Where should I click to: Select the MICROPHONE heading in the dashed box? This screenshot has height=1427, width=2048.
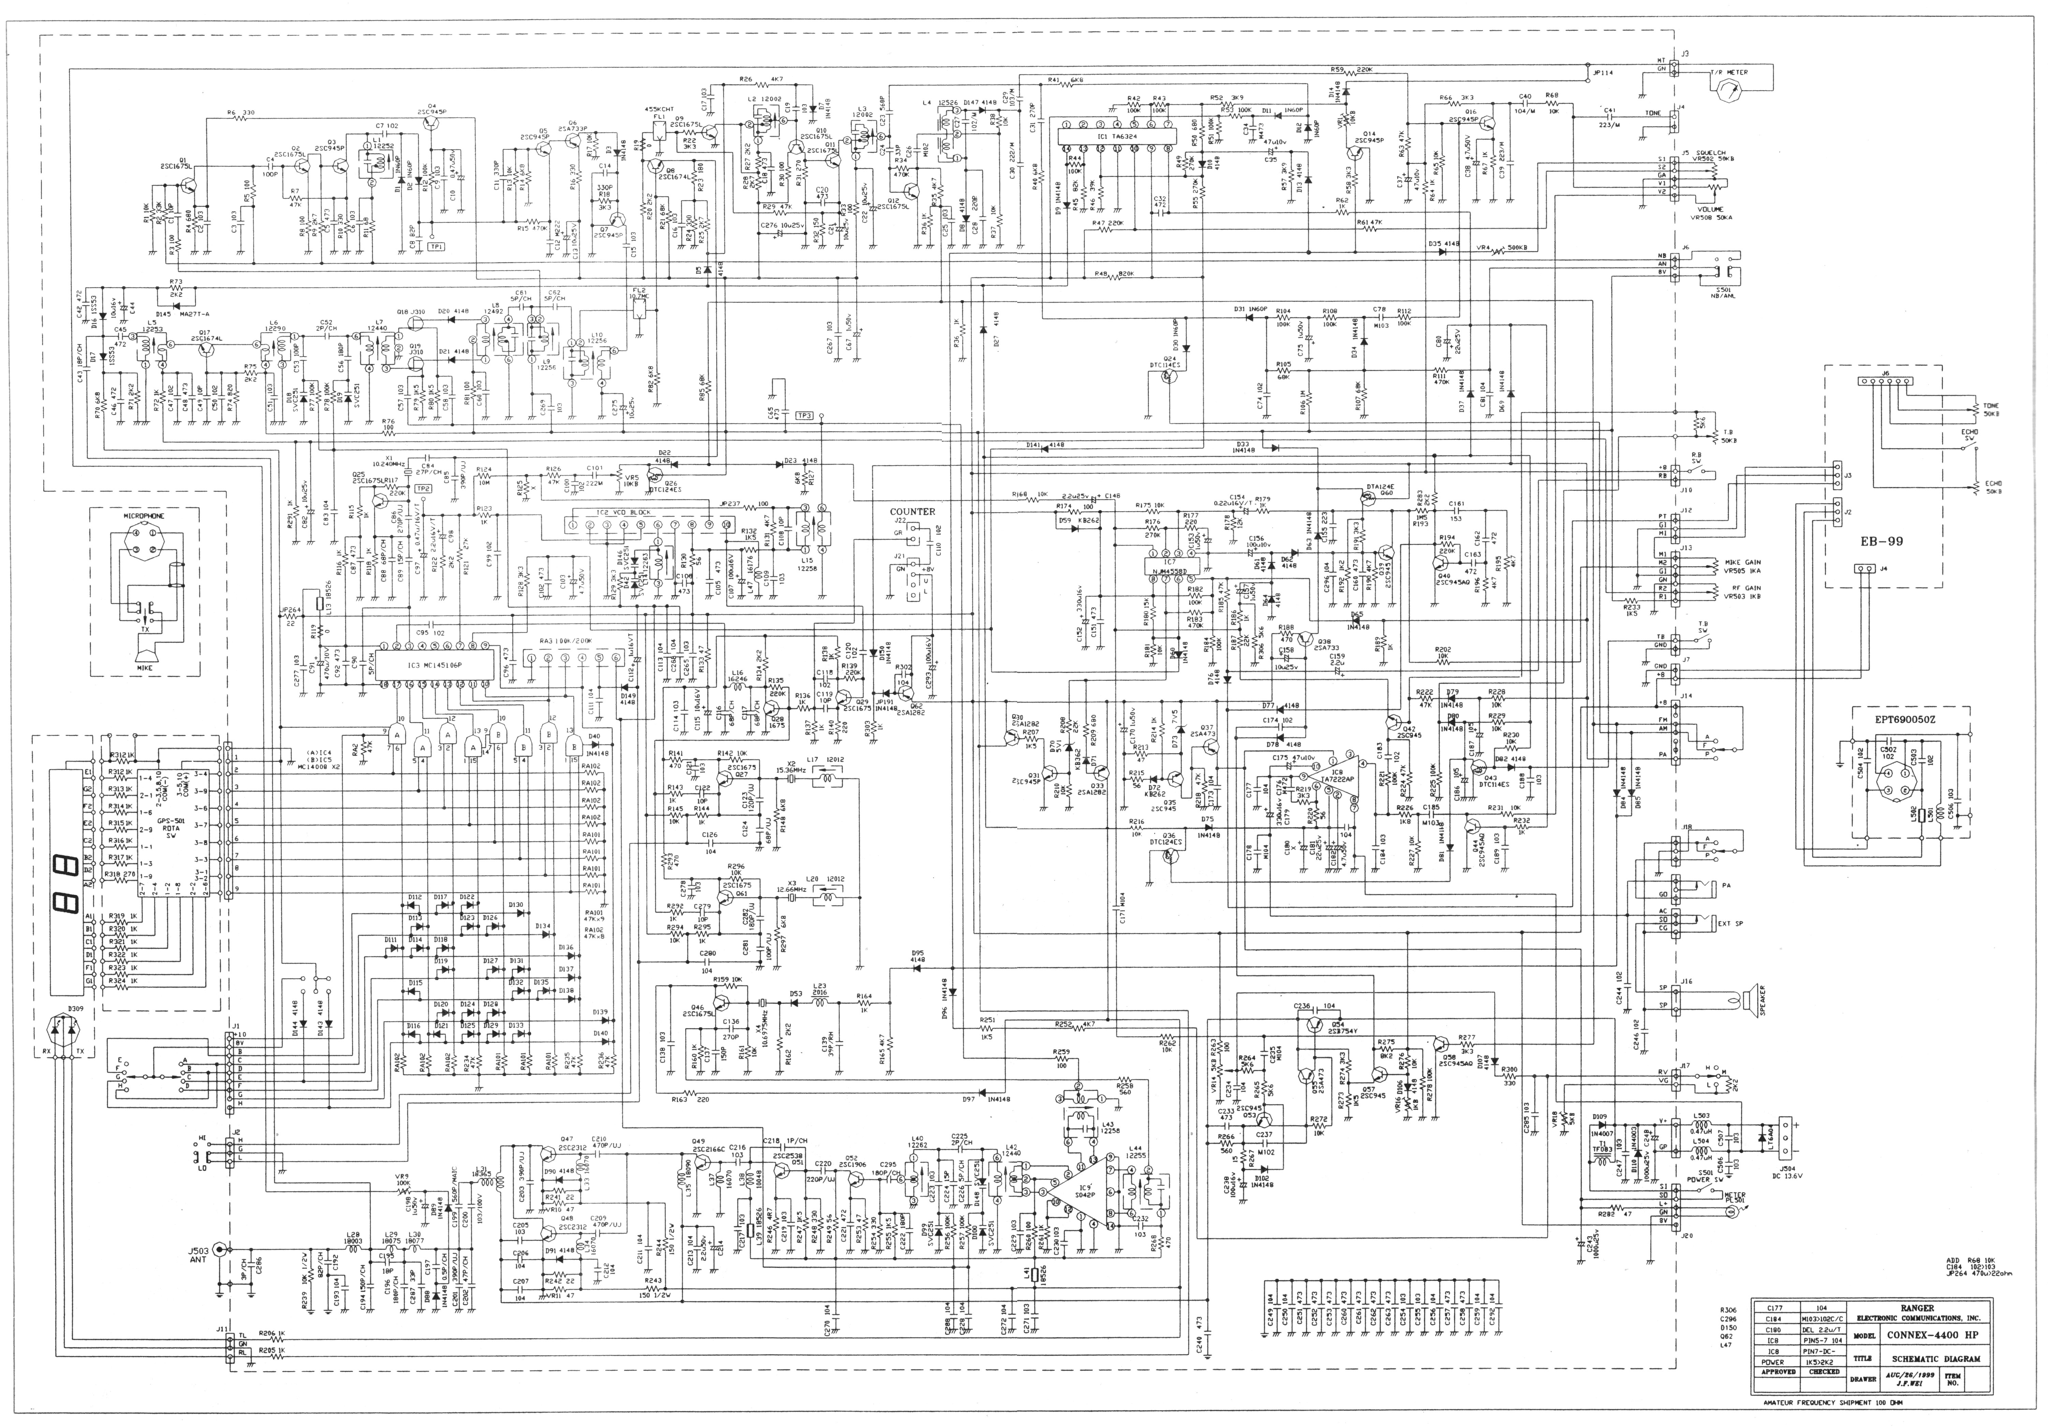144,515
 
